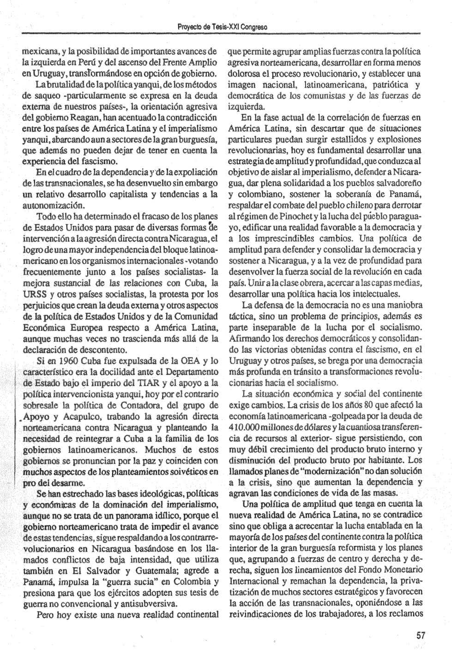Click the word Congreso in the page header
(x=253, y=27)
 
